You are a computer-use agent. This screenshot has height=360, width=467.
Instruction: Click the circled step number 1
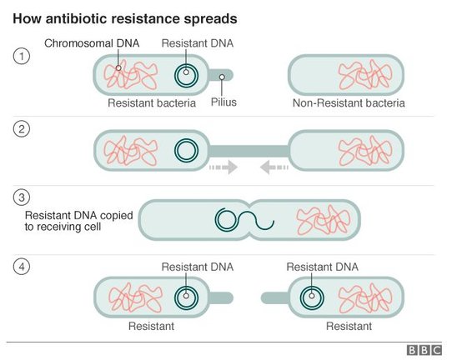(22, 56)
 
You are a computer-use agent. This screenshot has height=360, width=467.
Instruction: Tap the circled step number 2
(22, 129)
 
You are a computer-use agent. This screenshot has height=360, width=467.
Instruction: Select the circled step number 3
(22, 197)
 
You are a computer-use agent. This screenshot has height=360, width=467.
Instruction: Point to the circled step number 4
(22, 267)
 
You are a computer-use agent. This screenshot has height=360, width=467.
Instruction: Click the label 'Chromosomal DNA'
(92, 43)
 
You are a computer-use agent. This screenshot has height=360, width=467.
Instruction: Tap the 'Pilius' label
(223, 102)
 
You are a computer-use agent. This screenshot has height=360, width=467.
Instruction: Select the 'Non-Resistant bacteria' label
(349, 103)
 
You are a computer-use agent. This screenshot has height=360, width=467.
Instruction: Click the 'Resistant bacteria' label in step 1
(152, 103)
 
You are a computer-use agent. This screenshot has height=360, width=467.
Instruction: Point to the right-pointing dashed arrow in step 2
(223, 167)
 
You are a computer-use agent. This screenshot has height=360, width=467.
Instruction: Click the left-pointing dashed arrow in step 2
(274, 167)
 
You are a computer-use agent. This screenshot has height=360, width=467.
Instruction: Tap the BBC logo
(424, 350)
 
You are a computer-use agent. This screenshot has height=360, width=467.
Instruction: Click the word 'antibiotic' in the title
(77, 18)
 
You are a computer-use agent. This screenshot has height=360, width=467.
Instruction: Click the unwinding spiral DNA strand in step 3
(244, 219)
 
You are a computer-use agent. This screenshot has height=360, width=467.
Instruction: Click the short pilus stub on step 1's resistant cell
(221, 75)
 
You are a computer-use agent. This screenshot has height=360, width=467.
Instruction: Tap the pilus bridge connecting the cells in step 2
(249, 151)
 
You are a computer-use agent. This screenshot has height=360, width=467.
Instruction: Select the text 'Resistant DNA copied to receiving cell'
(79, 221)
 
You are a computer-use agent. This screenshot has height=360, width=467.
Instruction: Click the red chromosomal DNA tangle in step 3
(323, 219)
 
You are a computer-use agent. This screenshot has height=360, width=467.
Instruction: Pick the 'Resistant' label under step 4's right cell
(349, 327)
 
